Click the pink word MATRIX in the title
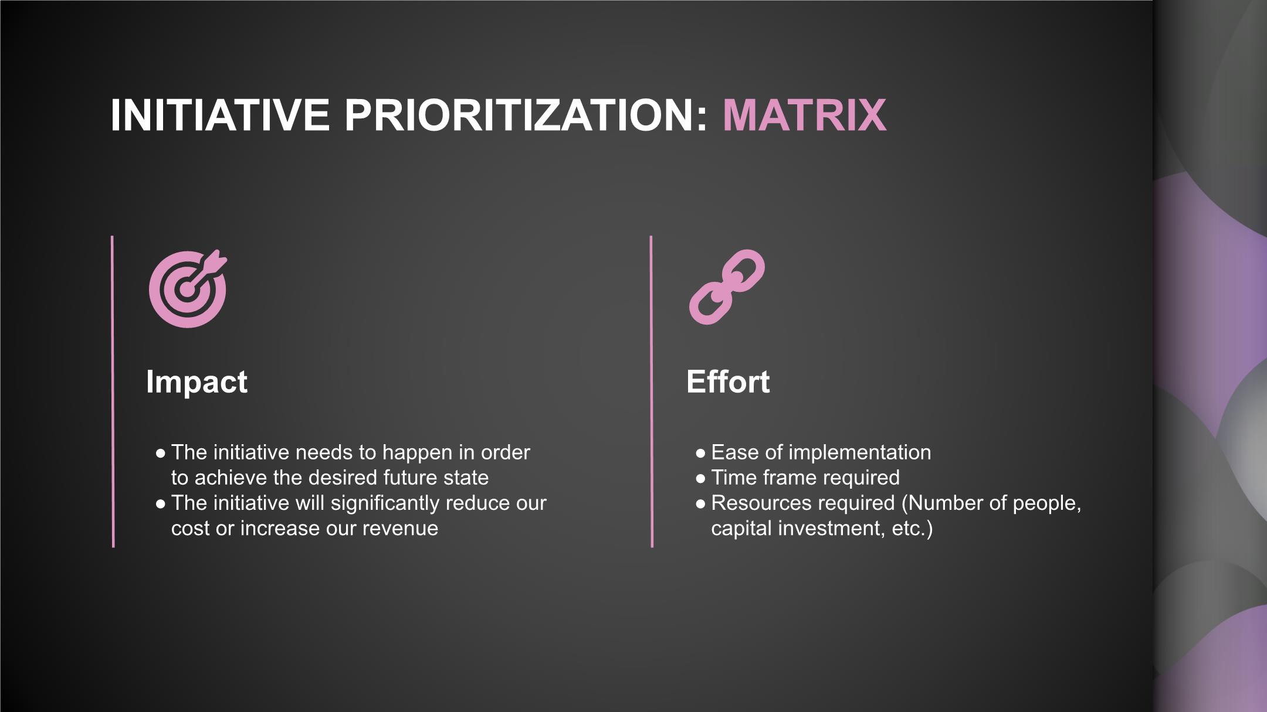pos(804,115)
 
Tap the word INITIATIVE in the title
pos(220,115)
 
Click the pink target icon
pos(188,289)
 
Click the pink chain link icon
pos(727,287)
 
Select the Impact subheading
pos(197,381)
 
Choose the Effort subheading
pos(728,381)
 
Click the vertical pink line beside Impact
pos(113,391)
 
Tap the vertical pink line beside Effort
pos(652,391)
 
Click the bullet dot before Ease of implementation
pos(700,454)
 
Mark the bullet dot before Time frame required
pos(700,479)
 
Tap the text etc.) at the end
pos(912,529)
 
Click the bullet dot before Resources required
pos(700,504)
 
